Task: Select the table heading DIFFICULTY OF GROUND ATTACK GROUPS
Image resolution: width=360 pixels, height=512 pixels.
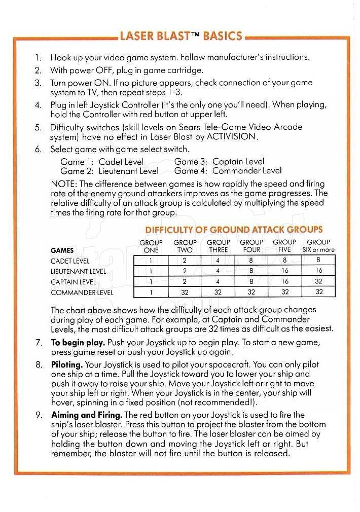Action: tap(234, 230)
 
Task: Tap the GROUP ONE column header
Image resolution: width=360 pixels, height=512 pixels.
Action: tap(151, 246)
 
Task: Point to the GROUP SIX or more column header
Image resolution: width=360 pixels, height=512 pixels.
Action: tap(318, 246)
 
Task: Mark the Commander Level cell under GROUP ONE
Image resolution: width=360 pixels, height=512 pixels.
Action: tap(151, 292)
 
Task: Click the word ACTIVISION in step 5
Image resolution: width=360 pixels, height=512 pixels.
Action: tap(231, 136)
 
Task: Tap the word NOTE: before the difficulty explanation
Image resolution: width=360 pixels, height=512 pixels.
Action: tap(64, 184)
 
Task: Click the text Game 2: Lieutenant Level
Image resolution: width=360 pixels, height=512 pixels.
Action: tap(110, 171)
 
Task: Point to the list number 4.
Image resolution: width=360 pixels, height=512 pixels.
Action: tap(38, 104)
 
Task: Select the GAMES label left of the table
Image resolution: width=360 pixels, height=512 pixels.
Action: tap(62, 250)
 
